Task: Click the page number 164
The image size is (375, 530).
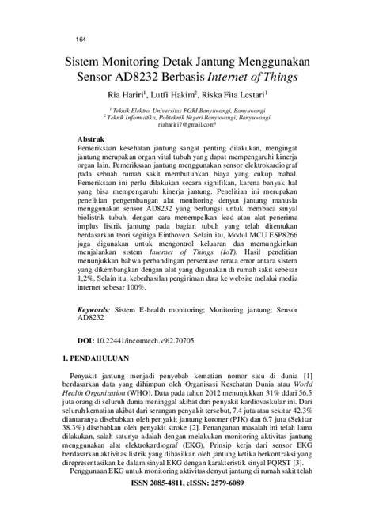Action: pos(59,40)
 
